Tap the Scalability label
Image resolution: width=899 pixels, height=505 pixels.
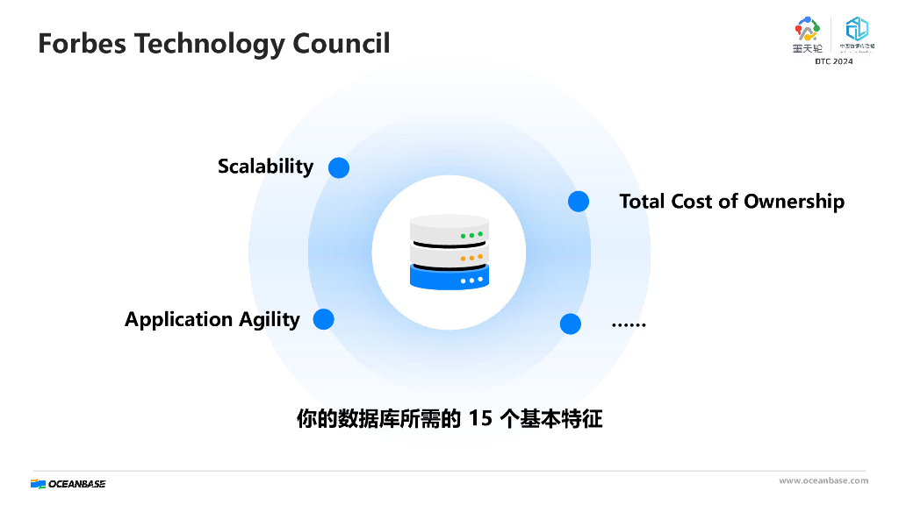(x=265, y=167)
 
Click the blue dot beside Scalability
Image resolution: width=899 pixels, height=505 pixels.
(x=339, y=167)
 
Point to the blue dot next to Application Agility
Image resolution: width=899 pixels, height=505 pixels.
(x=324, y=319)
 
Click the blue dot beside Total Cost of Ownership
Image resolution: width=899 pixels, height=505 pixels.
(x=578, y=202)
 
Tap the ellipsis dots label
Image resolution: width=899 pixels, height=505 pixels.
(x=628, y=324)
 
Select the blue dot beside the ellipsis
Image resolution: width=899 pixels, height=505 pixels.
(x=571, y=324)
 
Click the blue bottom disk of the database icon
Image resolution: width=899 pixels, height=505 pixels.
(x=449, y=278)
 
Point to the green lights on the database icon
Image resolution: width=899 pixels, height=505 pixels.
(x=471, y=235)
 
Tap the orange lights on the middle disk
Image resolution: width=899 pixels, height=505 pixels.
(x=471, y=258)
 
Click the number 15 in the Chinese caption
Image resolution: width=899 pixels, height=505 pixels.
(x=480, y=419)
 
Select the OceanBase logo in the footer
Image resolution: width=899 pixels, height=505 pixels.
(x=68, y=483)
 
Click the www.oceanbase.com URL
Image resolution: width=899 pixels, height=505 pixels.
(x=823, y=480)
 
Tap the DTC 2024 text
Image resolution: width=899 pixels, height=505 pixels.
(x=833, y=60)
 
